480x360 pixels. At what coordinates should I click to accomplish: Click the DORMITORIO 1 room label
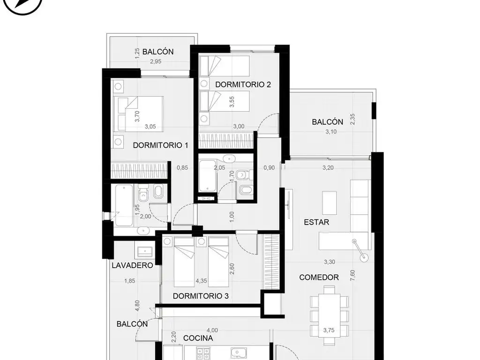coord(160,145)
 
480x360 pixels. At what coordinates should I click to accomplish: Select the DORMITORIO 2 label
coord(243,84)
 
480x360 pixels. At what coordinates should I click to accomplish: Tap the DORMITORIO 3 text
coord(201,296)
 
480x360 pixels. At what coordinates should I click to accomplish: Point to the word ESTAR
coord(316,222)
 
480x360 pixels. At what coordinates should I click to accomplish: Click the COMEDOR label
coord(319,277)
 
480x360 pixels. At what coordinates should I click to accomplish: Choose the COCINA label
coord(198,338)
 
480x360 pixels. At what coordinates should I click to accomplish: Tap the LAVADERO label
coord(132,265)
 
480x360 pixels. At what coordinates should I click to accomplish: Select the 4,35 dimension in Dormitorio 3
coord(201,281)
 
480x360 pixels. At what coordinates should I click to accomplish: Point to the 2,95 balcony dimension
coord(156,61)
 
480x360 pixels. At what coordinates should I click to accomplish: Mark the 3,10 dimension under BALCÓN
coord(331,132)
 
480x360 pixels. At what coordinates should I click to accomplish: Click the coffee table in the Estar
coord(330,203)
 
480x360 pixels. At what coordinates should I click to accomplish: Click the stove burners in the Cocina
coord(203,354)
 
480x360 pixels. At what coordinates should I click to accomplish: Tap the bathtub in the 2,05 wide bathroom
coord(208,176)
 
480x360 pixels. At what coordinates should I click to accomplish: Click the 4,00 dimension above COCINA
coord(212,330)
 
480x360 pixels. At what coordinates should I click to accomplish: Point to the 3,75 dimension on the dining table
coord(329,330)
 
